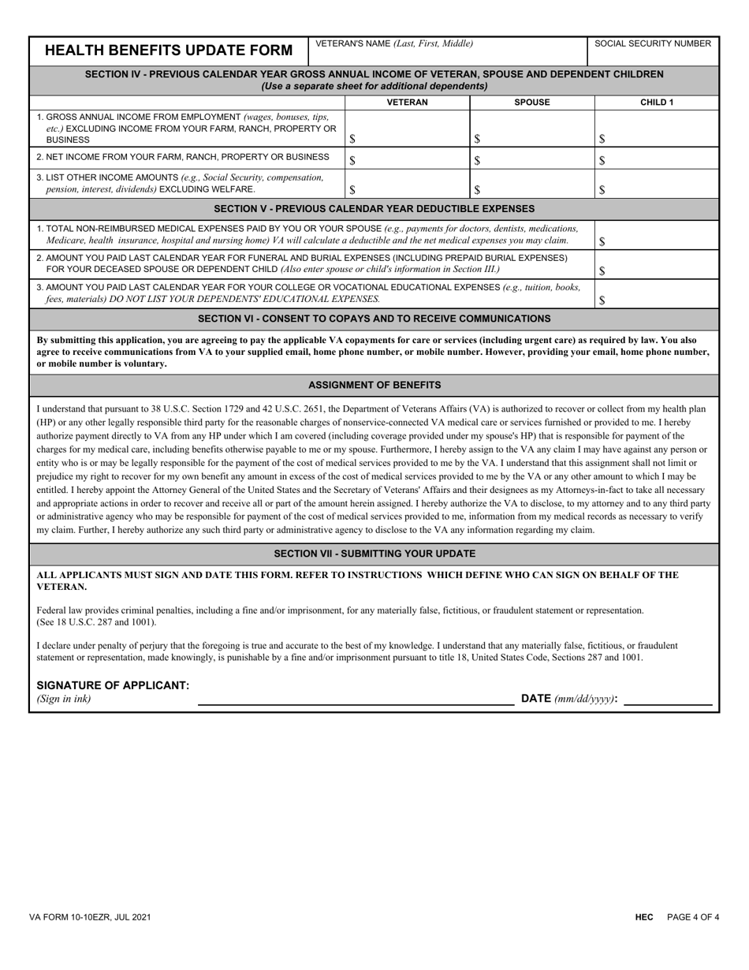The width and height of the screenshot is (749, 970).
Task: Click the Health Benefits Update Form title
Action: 169,51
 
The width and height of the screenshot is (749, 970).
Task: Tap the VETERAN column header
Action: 407,103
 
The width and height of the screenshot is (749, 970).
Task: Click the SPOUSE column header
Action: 531,103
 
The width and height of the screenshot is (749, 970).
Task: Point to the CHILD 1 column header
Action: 657,103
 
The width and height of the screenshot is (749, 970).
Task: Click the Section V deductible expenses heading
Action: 374,209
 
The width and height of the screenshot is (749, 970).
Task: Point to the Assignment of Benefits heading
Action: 374,385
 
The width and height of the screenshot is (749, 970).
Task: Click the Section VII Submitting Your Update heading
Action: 374,554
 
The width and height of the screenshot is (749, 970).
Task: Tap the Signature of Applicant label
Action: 113,685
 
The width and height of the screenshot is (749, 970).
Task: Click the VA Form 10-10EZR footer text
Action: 91,917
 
